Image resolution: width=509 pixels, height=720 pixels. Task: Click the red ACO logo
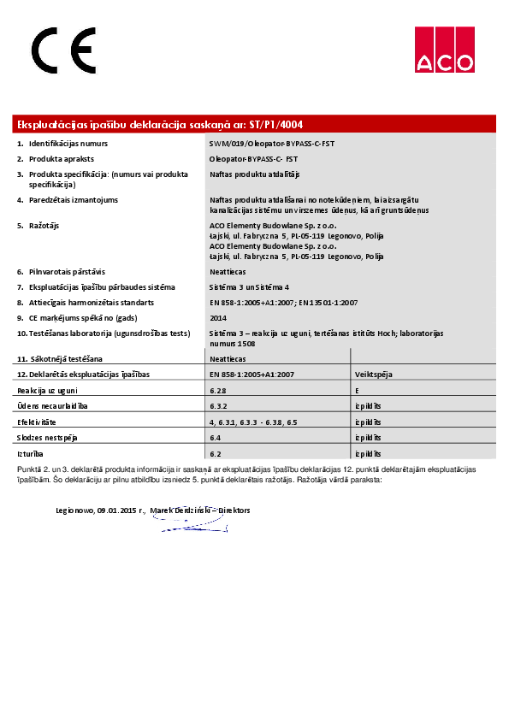tap(444, 50)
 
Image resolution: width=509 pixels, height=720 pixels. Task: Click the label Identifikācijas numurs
tap(68, 144)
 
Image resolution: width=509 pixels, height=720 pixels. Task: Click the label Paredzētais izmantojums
tap(73, 200)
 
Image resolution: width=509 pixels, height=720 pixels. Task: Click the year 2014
tap(218, 317)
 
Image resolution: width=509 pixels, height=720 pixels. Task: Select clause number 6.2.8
tap(217, 390)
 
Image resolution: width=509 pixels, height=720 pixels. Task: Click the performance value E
tap(357, 390)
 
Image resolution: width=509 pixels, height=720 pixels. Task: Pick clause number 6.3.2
tap(217, 405)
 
